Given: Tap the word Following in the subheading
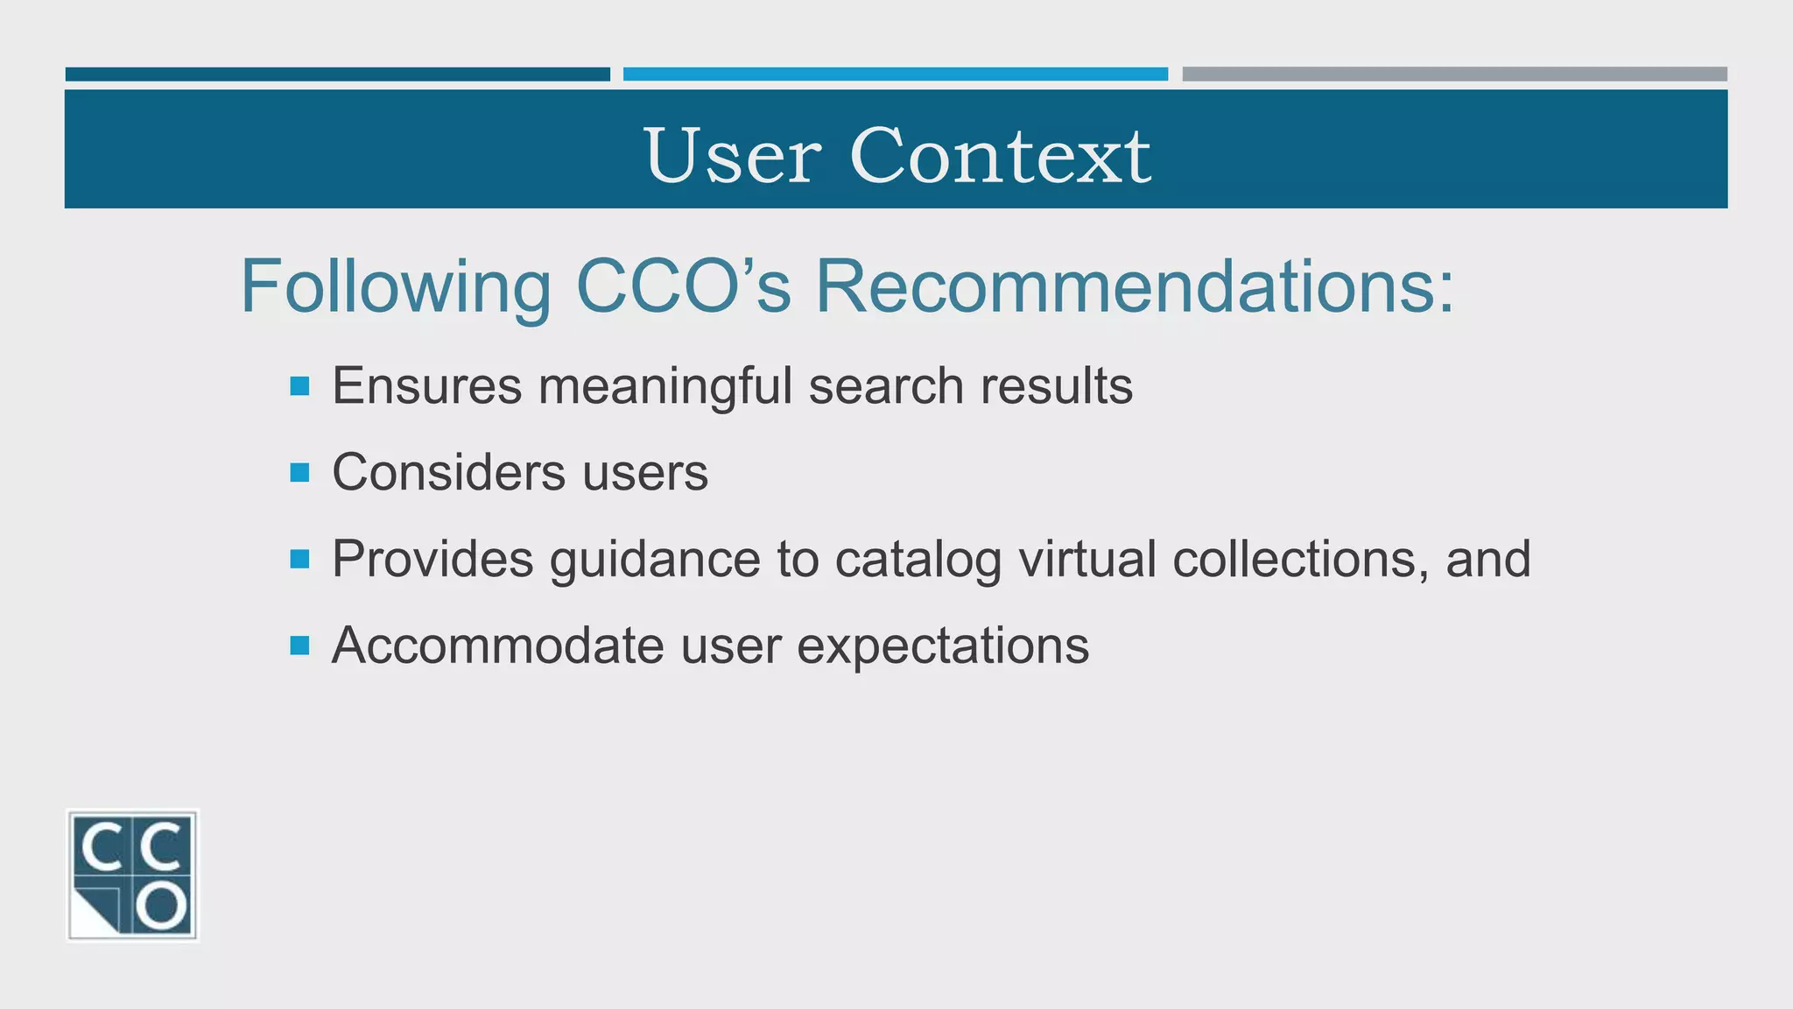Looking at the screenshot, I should [x=396, y=287].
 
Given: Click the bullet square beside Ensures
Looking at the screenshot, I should [x=299, y=386].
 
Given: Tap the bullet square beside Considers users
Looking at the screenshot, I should [x=299, y=473].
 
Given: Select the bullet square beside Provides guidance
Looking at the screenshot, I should [x=299, y=559].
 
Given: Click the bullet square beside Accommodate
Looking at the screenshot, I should [x=299, y=646].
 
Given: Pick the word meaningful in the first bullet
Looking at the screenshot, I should [x=665, y=386].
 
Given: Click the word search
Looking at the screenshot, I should [x=886, y=386].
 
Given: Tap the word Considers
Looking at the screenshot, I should [x=448, y=473].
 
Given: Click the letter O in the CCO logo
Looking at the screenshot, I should [x=163, y=906].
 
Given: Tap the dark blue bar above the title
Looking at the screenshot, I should [x=337, y=74].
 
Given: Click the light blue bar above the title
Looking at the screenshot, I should [x=895, y=74].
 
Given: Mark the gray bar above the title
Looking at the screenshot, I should [x=1454, y=74].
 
